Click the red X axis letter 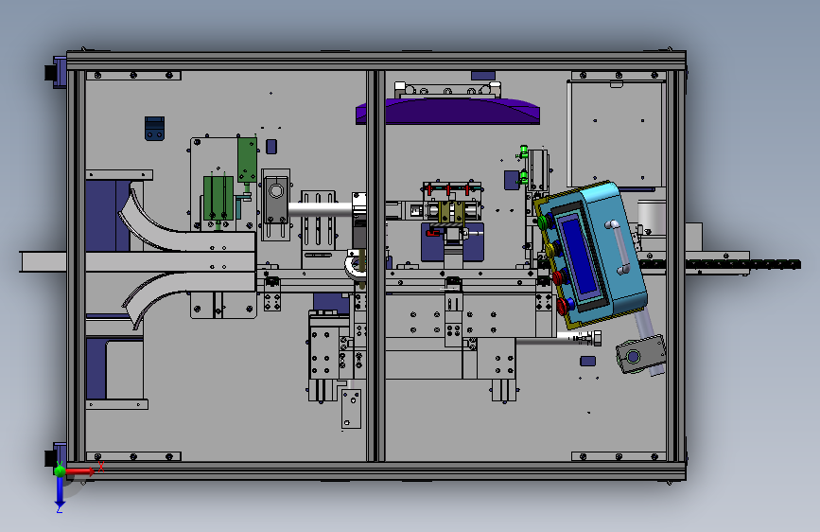pos(101,467)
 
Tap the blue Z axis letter pos(60,508)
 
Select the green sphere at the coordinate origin pos(60,470)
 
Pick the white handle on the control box pos(619,248)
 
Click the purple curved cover pos(447,112)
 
